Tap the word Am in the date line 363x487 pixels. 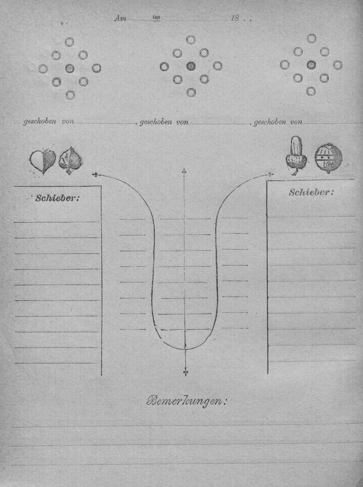(120, 19)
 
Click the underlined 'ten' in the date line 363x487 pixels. (157, 17)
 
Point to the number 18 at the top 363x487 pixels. (235, 18)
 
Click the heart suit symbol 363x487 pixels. (42, 162)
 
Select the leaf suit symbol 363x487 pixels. (71, 160)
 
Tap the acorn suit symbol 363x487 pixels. (296, 156)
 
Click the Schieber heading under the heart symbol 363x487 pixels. (57, 198)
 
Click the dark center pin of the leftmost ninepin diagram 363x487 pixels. (70, 68)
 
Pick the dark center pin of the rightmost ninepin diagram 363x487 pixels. (311, 65)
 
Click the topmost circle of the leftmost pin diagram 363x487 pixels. (69, 42)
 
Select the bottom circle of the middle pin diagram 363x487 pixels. (191, 93)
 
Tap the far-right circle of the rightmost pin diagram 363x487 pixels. (338, 65)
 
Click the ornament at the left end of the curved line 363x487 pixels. (96, 175)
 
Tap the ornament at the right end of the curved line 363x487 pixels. (270, 174)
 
